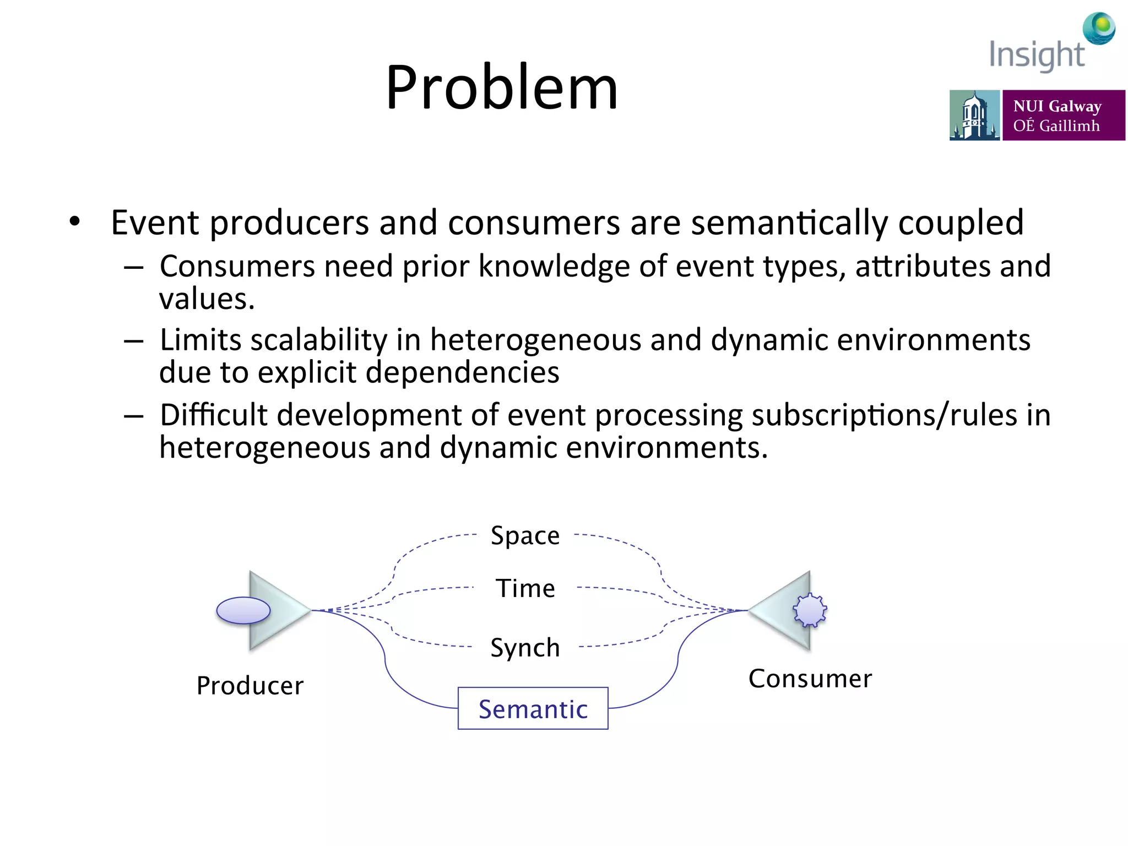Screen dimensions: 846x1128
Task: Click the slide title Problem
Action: click(x=501, y=88)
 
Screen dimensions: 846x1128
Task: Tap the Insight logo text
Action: click(x=1036, y=55)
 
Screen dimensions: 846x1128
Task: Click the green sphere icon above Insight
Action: click(x=1099, y=28)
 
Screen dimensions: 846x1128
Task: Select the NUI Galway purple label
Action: click(x=1063, y=115)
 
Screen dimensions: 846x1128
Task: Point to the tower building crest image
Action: click(x=974, y=115)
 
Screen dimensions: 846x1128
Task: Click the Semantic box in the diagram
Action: click(x=533, y=708)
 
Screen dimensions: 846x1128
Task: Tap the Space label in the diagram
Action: click(x=525, y=536)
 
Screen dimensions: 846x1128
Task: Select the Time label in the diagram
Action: click(x=525, y=589)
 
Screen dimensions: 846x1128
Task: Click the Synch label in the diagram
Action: click(x=525, y=648)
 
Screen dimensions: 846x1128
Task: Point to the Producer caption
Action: click(x=250, y=686)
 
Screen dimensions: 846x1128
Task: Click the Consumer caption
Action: click(x=810, y=679)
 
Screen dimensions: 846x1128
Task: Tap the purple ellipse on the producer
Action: click(x=243, y=610)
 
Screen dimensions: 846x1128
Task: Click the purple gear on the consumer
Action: click(x=810, y=610)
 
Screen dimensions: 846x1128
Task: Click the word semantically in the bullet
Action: click(x=789, y=223)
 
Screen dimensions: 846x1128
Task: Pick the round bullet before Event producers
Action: click(x=75, y=222)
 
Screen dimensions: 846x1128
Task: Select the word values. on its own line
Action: click(x=207, y=299)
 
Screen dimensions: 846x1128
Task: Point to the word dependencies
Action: click(x=463, y=372)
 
